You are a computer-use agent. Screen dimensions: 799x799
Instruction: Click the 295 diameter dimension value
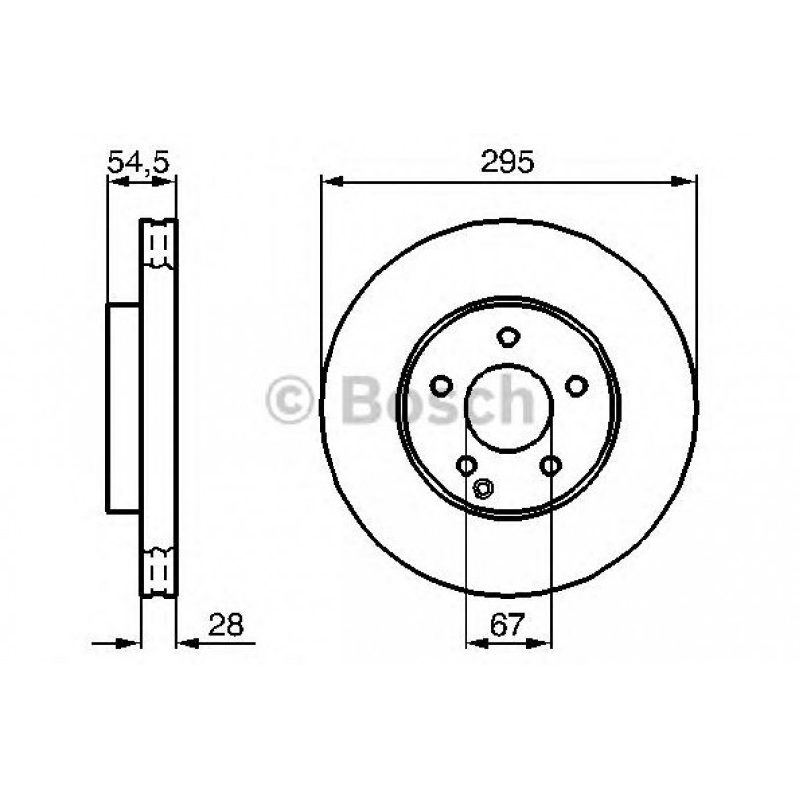509,161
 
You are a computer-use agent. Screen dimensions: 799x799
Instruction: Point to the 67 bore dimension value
508,625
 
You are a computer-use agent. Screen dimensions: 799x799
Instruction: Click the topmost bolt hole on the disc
509,336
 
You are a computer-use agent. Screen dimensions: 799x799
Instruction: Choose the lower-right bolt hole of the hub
552,465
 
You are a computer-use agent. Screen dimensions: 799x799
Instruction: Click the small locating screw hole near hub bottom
484,487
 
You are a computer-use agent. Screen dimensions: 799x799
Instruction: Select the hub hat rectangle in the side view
123,408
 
